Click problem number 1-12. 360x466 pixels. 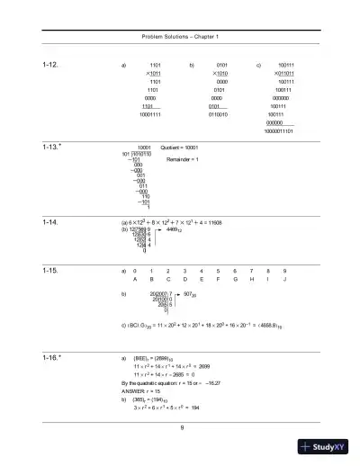coord(50,66)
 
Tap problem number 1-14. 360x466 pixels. coord(50,220)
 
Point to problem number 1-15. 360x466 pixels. coord(50,269)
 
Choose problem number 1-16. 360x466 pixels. coord(50,357)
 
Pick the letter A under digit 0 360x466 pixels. coord(135,279)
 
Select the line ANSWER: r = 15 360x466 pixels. coord(139,393)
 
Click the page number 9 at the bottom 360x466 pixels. coord(181,426)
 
